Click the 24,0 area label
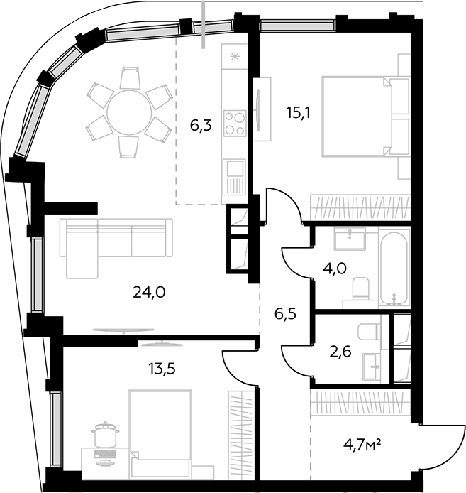[149, 293]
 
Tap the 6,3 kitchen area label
[201, 126]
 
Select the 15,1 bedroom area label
[298, 112]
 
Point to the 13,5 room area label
[162, 369]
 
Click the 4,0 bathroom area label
[335, 269]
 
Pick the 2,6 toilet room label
[340, 352]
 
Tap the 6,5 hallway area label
[285, 314]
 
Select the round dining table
[129, 113]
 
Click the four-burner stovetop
[235, 124]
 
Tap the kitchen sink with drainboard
[234, 177]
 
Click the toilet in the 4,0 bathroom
[360, 288]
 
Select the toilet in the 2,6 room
[368, 332]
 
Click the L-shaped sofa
[116, 248]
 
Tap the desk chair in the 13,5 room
[105, 434]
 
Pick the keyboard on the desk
[105, 453]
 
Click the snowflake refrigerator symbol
[235, 57]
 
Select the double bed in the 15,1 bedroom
[357, 117]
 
